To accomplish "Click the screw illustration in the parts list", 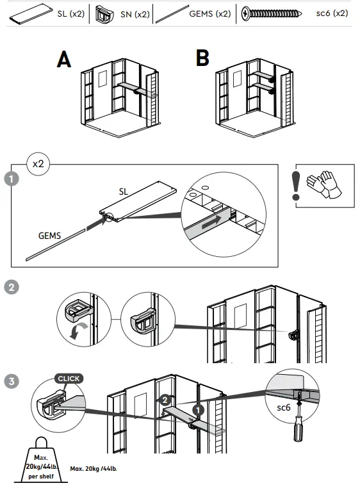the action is click(272, 13).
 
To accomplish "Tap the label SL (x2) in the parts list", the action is click(71, 13).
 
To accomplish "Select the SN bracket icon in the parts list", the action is click(104, 14).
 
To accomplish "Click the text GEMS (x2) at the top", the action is click(210, 13).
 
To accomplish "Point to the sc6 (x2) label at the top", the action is click(332, 13).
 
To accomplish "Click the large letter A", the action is click(64, 59).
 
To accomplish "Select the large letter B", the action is click(202, 58).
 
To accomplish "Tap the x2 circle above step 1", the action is click(38, 164).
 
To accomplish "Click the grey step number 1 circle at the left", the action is click(12, 179).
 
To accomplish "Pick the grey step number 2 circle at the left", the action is click(12, 287).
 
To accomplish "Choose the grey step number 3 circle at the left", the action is click(12, 381).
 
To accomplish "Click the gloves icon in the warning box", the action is click(324, 184).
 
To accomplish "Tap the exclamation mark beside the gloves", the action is click(296, 186).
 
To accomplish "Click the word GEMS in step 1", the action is click(49, 236).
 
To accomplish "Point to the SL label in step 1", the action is click(124, 192).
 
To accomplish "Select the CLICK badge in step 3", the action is click(69, 379).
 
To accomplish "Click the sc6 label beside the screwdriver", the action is click(284, 407).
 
